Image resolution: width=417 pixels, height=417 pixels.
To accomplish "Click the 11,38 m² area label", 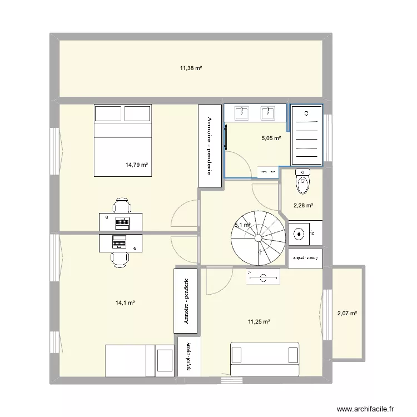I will [190, 68].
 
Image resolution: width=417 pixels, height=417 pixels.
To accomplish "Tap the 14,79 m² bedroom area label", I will [137, 165].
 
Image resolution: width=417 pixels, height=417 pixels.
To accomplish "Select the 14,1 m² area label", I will [125, 302].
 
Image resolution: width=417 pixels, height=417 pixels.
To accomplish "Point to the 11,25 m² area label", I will [259, 321].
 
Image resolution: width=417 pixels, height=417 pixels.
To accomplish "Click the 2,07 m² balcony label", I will [347, 314].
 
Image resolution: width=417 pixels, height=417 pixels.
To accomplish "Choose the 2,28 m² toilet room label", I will [303, 206].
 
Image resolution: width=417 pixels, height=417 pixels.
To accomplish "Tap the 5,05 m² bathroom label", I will [271, 138].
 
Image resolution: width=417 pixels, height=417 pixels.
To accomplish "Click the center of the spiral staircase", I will [259, 237].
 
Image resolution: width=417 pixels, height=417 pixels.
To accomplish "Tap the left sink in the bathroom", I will [243, 113].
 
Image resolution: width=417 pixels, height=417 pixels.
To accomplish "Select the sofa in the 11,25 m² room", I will [265, 359].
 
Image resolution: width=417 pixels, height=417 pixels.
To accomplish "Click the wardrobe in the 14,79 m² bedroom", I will [209, 146].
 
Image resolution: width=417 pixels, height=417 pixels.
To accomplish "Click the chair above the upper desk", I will [122, 206].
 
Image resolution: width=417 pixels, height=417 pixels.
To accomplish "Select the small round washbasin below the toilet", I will [300, 234].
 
